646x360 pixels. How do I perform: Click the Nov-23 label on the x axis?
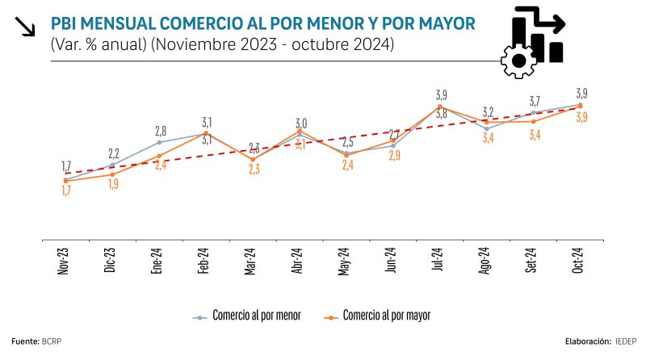point(64,262)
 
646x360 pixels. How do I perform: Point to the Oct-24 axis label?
point(579,262)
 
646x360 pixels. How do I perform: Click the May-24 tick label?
point(345,262)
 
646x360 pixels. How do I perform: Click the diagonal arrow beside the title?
point(26,27)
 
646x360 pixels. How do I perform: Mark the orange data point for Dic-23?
point(111,174)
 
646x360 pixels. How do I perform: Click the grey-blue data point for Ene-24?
point(158,143)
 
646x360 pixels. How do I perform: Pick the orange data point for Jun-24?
point(392,140)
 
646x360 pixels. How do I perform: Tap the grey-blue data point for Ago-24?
point(486,128)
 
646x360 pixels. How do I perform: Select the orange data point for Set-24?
point(533,122)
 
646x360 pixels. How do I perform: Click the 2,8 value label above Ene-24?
point(161,131)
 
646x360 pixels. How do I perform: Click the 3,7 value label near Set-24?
point(535,102)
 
